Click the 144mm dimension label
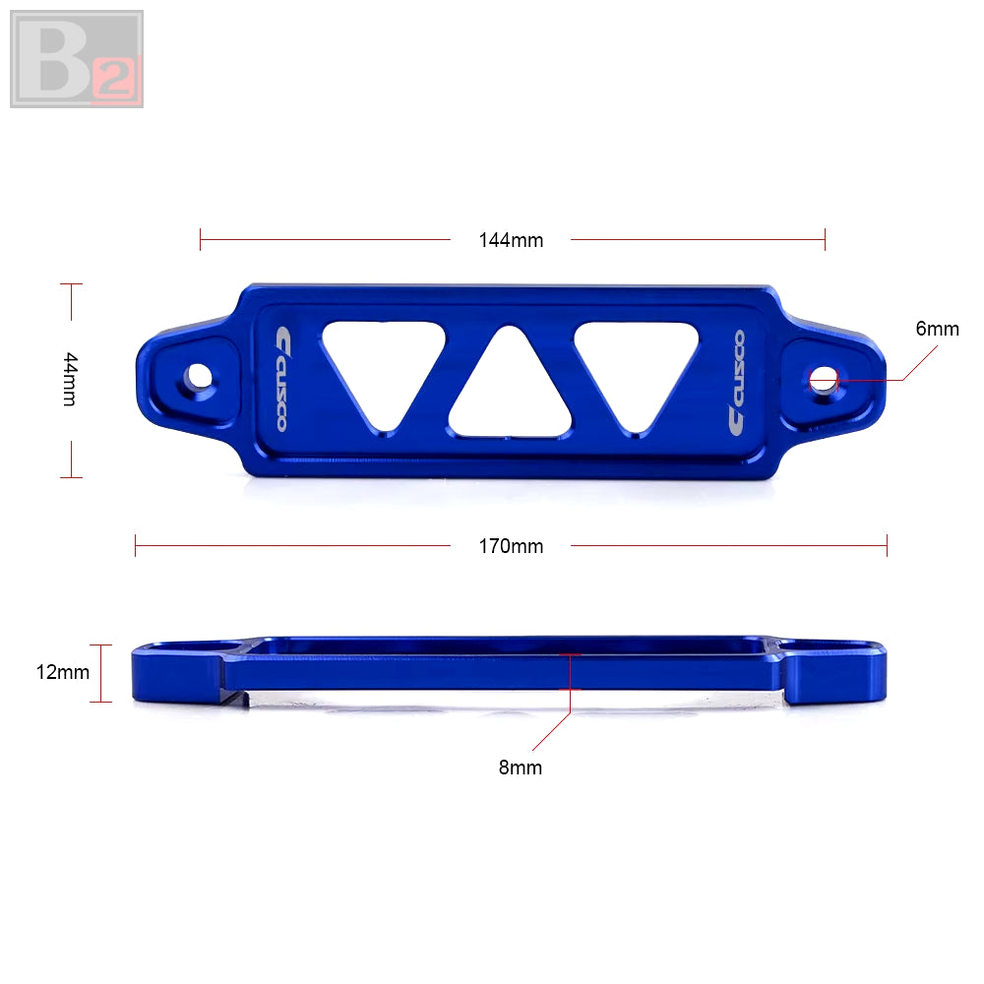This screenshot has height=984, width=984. [511, 240]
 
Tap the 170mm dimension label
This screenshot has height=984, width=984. [511, 546]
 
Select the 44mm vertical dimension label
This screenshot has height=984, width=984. [70, 379]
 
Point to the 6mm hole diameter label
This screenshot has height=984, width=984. [937, 329]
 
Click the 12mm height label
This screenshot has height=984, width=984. [63, 672]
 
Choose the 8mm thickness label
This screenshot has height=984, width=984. [521, 768]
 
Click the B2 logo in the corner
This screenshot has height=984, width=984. [77, 59]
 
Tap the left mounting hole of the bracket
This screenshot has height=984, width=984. [199, 377]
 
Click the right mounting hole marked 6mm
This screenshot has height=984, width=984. [824, 379]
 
